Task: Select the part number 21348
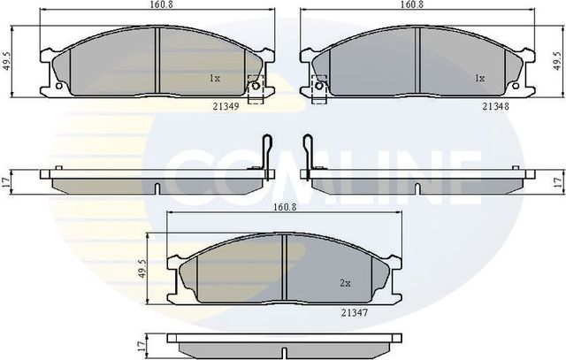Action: pyautogui.click(x=493, y=106)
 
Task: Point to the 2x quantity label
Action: pyautogui.click(x=346, y=284)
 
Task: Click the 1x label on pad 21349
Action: pyautogui.click(x=214, y=78)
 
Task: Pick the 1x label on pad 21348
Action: pyautogui.click(x=479, y=78)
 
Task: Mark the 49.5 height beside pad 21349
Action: pyautogui.click(x=8, y=62)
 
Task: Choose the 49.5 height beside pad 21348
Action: pyautogui.click(x=556, y=60)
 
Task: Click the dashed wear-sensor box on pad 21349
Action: pyautogui.click(x=255, y=89)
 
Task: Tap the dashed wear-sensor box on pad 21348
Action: pyautogui.click(x=318, y=86)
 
